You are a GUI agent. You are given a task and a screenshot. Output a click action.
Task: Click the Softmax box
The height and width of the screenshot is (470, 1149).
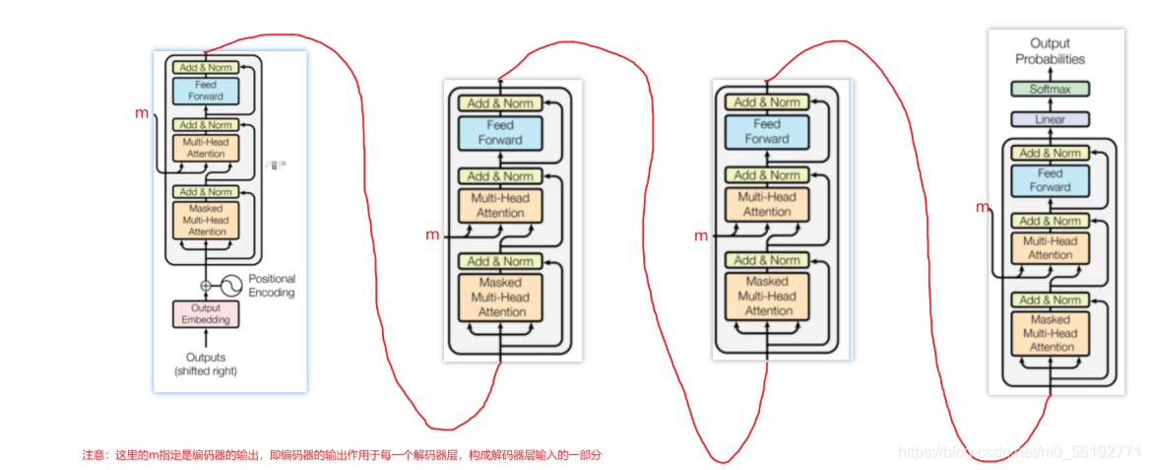1051,89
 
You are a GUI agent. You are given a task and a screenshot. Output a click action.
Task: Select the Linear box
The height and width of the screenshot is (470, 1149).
1051,119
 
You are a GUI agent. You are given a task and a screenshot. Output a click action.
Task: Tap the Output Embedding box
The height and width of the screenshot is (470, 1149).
206,314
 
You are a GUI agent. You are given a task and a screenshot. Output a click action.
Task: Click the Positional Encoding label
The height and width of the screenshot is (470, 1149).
271,286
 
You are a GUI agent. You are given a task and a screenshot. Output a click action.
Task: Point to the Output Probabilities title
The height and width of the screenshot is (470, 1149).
1050,51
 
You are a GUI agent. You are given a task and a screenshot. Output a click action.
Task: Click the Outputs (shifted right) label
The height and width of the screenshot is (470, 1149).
206,364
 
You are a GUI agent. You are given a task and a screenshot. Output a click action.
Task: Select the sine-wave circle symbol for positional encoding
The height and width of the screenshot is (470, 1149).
229,286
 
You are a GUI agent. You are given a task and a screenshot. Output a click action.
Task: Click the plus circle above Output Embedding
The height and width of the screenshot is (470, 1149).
206,286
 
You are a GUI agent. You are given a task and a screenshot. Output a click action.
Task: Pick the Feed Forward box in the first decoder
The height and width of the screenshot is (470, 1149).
206,91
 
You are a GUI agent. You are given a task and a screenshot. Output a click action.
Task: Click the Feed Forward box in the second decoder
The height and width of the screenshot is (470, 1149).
500,133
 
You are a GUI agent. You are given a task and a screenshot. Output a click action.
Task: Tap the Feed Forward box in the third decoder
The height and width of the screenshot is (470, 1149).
766,132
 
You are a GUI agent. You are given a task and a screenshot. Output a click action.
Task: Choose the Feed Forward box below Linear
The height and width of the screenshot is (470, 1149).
1050,180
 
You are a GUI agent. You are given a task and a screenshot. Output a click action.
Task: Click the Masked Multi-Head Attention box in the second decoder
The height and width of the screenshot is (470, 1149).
500,298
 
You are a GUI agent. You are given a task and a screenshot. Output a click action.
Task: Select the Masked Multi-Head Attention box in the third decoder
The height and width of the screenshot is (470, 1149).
766,297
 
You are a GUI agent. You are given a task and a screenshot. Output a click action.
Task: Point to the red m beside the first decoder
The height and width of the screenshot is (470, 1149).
142,113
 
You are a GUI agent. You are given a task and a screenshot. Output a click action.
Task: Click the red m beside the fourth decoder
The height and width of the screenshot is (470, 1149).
982,207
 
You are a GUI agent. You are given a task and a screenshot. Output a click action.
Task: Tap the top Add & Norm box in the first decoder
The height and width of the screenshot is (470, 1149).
206,67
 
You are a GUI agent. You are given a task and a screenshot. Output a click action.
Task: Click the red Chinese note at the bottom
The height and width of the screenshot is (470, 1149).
341,455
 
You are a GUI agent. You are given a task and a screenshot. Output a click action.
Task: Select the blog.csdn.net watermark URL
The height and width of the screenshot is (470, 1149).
1019,452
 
